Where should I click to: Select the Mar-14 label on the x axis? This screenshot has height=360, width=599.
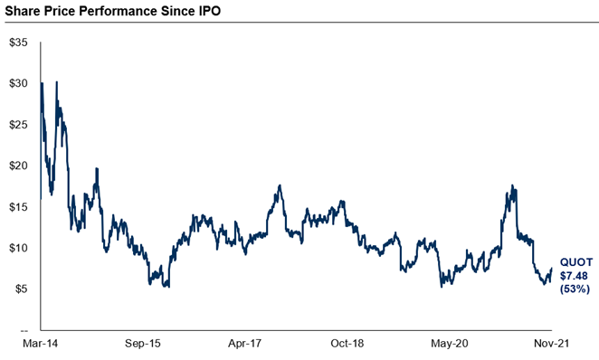coord(41,345)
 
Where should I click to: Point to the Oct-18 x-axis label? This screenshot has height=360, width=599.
coord(346,345)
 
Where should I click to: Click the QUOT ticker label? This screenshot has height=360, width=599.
coord(575,260)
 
